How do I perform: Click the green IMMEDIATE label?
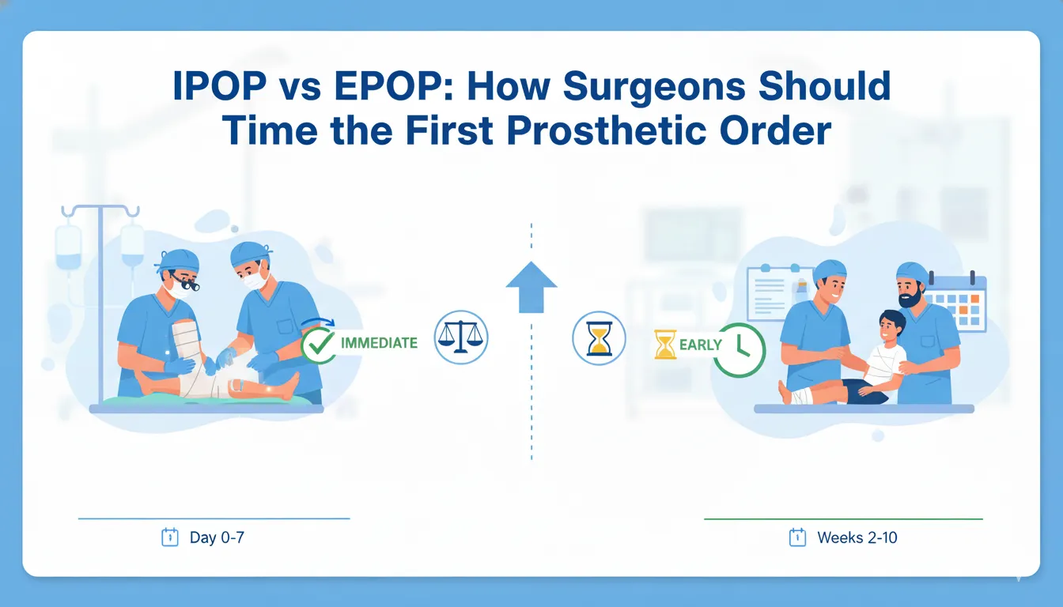click(x=378, y=343)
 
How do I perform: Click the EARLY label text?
click(x=700, y=345)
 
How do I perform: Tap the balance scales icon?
click(x=461, y=337)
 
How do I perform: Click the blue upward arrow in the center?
click(x=531, y=286)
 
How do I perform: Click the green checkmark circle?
click(x=318, y=345)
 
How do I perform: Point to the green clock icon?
click(x=739, y=349)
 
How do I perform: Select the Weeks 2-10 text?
click(x=857, y=538)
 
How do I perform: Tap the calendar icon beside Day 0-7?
click(x=169, y=537)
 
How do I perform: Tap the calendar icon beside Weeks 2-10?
click(x=797, y=537)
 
